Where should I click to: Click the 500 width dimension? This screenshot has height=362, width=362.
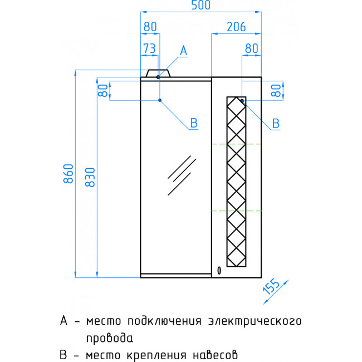pyautogui.click(x=201, y=5)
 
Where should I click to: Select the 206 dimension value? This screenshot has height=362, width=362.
pyautogui.click(x=236, y=27)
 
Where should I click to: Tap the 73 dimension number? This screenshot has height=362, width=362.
pyautogui.click(x=149, y=48)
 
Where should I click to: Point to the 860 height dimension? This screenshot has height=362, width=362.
pyautogui.click(x=69, y=174)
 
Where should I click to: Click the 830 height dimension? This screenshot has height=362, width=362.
pyautogui.click(x=90, y=177)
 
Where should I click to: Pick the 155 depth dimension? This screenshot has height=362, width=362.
pyautogui.click(x=271, y=286)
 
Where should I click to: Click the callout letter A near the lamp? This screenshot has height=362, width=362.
pyautogui.click(x=184, y=50)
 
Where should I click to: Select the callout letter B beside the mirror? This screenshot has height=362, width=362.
pyautogui.click(x=194, y=123)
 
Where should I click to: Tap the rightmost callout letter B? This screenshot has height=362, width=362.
pyautogui.click(x=276, y=123)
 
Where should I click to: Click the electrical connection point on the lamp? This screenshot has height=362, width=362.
pyautogui.click(x=158, y=77)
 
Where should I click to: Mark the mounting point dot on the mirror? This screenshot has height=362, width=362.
pyautogui.click(x=160, y=100)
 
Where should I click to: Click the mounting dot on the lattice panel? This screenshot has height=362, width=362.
pyautogui.click(x=242, y=100)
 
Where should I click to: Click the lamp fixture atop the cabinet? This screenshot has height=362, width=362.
pyautogui.click(x=158, y=73)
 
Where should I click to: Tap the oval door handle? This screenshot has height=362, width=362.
pyautogui.click(x=219, y=271)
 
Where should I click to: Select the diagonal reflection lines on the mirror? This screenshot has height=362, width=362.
pyautogui.click(x=182, y=175)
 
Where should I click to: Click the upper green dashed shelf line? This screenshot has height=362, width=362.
pyautogui.click(x=236, y=144)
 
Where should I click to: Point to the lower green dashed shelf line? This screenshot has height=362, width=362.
pyautogui.click(x=236, y=211)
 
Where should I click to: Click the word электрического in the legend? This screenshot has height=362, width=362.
pyautogui.click(x=255, y=321)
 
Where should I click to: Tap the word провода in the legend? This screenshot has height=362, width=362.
pyautogui.click(x=110, y=339)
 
